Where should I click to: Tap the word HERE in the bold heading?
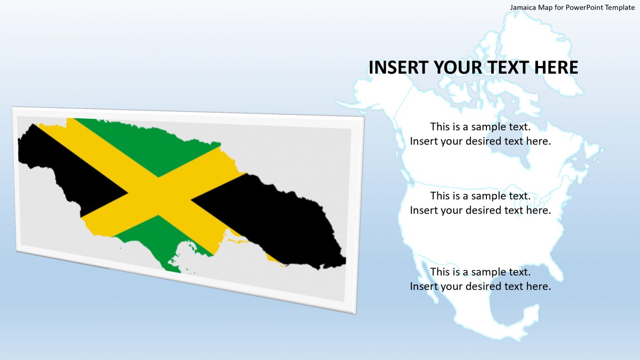556,67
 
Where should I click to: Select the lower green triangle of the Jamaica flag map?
160,238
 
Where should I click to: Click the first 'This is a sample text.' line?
480,127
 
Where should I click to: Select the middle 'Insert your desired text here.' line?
480,210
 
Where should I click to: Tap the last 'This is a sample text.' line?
480,272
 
